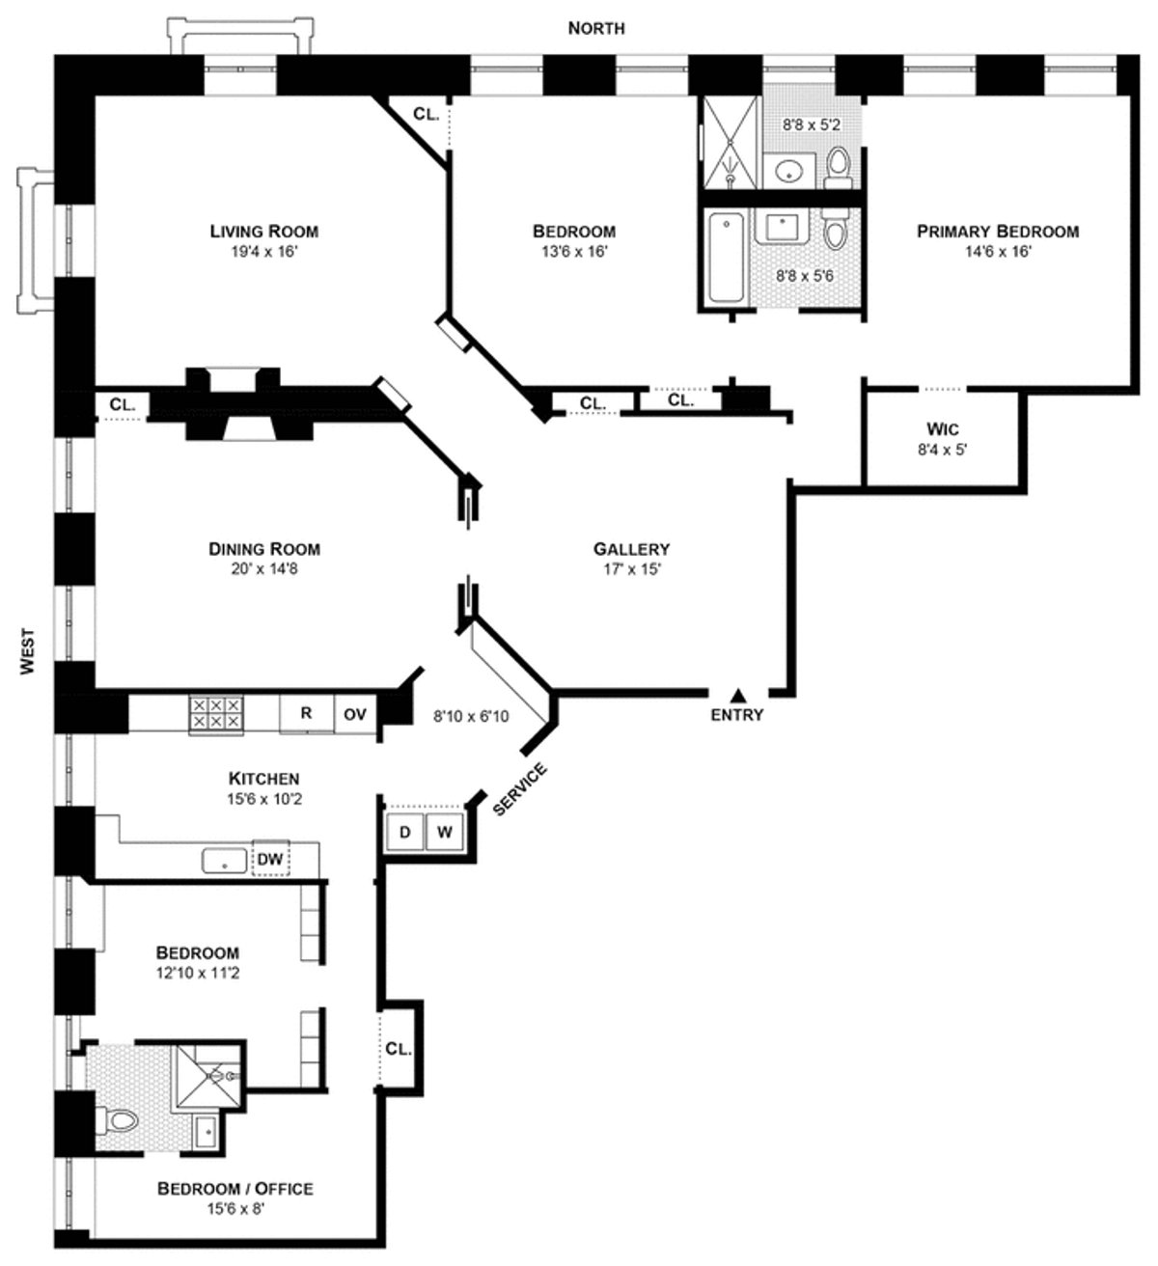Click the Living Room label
[x=263, y=232]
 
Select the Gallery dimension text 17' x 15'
[x=631, y=569]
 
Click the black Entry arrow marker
[x=737, y=695]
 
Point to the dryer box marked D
[x=405, y=832]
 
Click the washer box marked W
[x=445, y=832]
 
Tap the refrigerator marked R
[x=306, y=714]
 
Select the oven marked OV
[x=355, y=714]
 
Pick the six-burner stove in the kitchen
[x=215, y=714]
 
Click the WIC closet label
[x=941, y=428]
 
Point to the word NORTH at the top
[x=595, y=29]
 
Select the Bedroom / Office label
[x=234, y=1188]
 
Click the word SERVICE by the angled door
[x=520, y=789]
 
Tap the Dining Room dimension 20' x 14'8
[x=263, y=569]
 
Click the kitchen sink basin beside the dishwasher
[x=225, y=859]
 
